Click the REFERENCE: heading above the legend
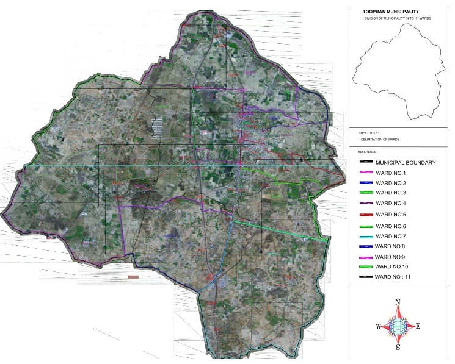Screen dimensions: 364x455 (369, 151)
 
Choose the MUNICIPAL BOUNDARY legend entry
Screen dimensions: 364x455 (405, 163)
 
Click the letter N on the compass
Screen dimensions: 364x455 (398, 302)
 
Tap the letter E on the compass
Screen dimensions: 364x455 (418, 326)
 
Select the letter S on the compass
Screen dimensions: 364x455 (398, 348)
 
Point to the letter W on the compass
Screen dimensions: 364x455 (378, 327)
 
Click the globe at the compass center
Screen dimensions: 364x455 (398, 326)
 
